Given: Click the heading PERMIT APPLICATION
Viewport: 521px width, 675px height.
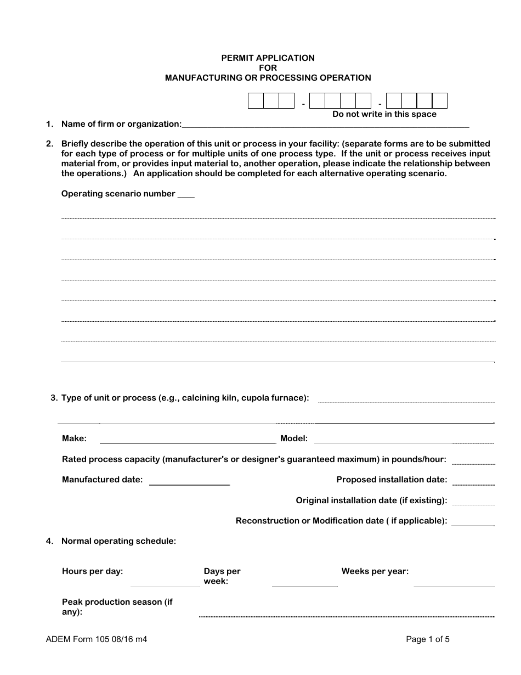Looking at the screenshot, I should pos(268,58).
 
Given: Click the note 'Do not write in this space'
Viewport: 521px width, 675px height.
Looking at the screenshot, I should pos(384,114).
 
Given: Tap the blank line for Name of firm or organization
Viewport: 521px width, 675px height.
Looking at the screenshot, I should pos(325,126).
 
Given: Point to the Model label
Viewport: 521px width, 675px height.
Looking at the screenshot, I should pos(294,438).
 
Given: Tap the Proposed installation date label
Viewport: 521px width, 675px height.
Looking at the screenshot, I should pos(392,480).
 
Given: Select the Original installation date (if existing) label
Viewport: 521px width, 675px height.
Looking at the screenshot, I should pos(371,500).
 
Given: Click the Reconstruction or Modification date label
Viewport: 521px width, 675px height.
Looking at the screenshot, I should pos(341,521).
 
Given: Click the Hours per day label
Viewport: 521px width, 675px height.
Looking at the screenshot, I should pos(92,571).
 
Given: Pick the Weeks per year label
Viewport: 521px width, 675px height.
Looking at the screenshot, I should pos(375,571).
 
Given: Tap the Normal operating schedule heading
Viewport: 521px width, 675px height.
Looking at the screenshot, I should pos(118,541).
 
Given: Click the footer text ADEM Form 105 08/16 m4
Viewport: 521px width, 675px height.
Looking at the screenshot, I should pos(97,639).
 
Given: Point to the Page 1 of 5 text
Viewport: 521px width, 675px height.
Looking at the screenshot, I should pos(428,639).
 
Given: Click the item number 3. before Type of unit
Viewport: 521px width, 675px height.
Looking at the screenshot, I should pos(54,398).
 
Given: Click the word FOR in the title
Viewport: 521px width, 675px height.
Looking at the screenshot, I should pos(268,67).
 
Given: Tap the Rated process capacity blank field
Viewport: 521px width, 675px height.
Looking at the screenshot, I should pos(473,462).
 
